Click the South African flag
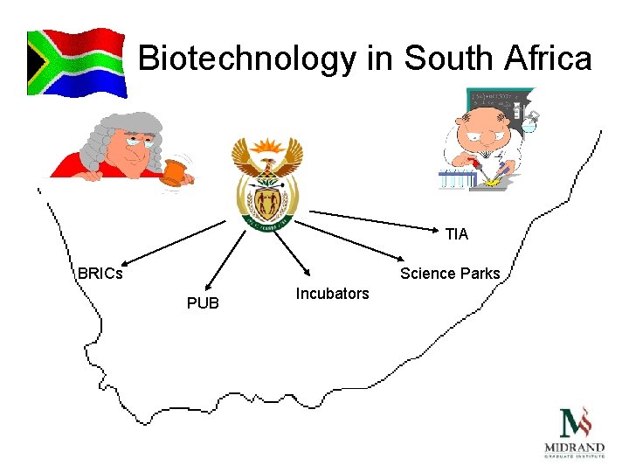77,62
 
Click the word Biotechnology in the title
248,59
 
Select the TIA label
456,234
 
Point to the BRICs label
100,273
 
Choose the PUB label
203,303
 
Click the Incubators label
332,294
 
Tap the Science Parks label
450,274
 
